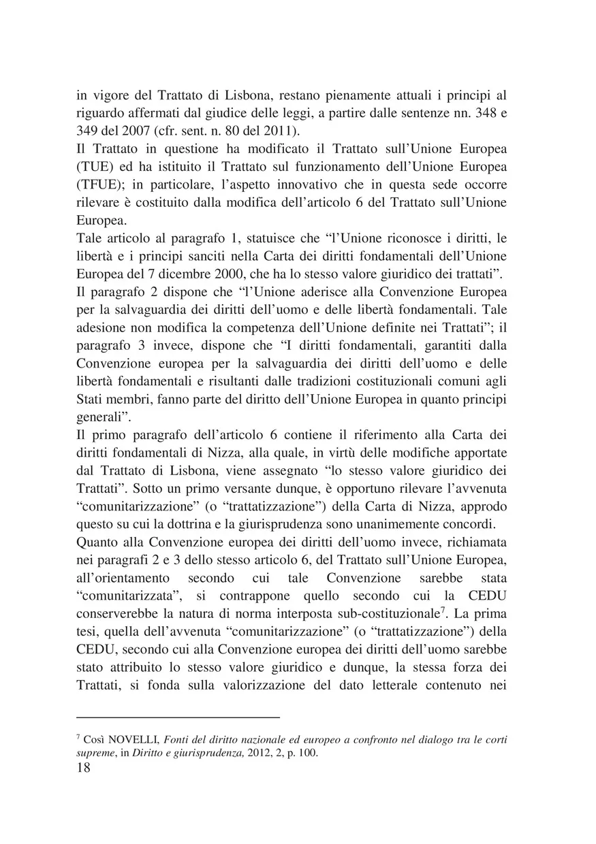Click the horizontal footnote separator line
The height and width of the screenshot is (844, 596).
(x=178, y=717)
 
